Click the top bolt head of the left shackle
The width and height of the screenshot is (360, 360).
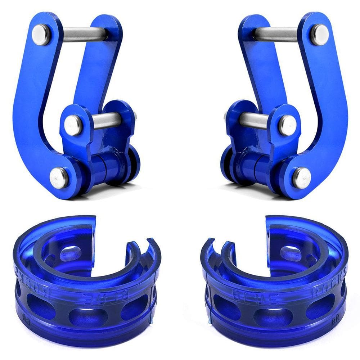click(x=41, y=35)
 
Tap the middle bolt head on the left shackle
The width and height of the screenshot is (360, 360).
click(x=73, y=125)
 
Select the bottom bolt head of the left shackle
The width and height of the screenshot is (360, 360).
click(x=59, y=177)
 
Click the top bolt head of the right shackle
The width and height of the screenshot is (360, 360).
click(x=320, y=35)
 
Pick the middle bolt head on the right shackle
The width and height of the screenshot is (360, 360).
click(x=288, y=125)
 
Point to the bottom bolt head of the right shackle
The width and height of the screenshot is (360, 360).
click(x=302, y=177)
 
